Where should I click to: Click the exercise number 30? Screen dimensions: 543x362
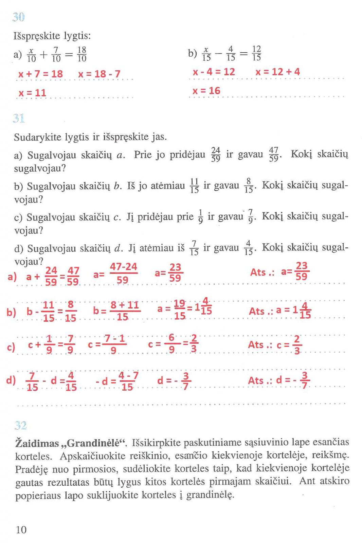[x=19, y=17]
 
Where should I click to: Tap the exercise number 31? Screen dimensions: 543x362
[x=19, y=118]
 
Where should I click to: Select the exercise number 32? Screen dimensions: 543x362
[x=21, y=425]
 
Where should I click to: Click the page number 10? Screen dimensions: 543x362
[x=21, y=529]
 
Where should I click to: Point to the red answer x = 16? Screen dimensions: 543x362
[x=206, y=91]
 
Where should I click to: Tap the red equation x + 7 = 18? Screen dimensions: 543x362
[x=40, y=74]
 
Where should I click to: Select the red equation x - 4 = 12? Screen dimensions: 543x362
[x=214, y=72]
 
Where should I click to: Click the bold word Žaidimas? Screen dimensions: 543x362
[x=37, y=443]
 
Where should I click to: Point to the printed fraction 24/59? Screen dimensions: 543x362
[x=216, y=154]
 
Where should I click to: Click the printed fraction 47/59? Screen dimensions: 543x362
[x=274, y=154]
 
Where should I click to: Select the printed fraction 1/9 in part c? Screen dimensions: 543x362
[x=200, y=217]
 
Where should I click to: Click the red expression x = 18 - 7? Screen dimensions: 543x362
[x=99, y=74]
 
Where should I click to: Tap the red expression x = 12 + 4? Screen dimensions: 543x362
[x=277, y=72]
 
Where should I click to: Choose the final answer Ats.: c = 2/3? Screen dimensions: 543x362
[x=275, y=345]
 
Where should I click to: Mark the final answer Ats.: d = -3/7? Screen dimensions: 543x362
[x=279, y=380]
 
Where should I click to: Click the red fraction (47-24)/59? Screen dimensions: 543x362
[x=123, y=273]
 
